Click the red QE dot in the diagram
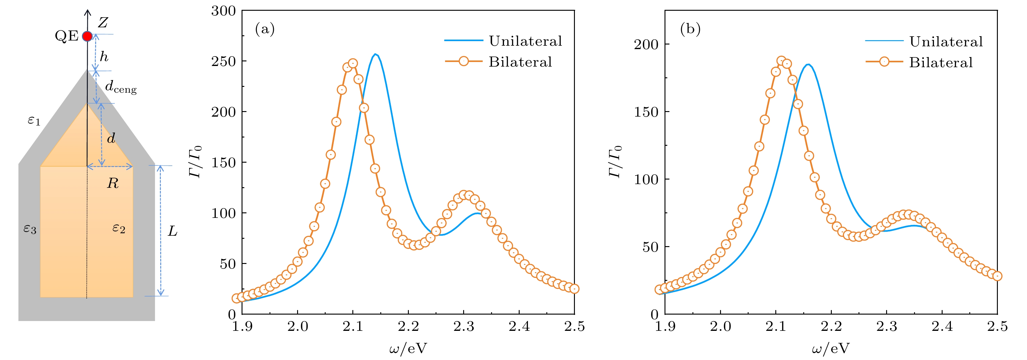pyautogui.click(x=87, y=36)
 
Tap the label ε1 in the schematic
pyautogui.click(x=34, y=120)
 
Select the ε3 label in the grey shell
pyautogui.click(x=30, y=229)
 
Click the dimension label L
pyautogui.click(x=172, y=231)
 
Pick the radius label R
pyautogui.click(x=113, y=184)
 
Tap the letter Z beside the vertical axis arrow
pyautogui.click(x=103, y=23)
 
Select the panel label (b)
pyautogui.click(x=690, y=29)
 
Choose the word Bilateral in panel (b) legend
pyautogui.click(x=941, y=62)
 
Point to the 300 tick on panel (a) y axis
pyautogui.click(x=224, y=11)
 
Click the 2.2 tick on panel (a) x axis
pyautogui.click(x=408, y=327)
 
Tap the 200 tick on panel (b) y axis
pyautogui.click(x=646, y=44)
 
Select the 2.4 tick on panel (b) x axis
pyautogui.click(x=942, y=327)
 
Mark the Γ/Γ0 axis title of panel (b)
pyautogui.click(x=615, y=161)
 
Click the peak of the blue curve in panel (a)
pyautogui.click(x=375, y=54)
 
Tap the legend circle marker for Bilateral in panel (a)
pyautogui.click(x=464, y=61)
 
